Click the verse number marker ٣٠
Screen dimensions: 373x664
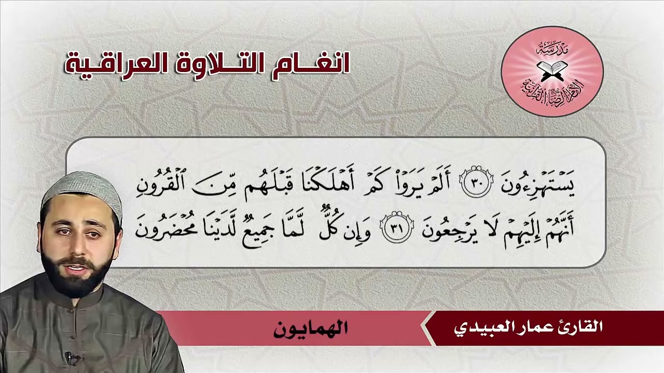[x=474, y=185]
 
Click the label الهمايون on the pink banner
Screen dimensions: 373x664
[x=310, y=328]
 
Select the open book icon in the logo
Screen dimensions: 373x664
[x=551, y=68]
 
